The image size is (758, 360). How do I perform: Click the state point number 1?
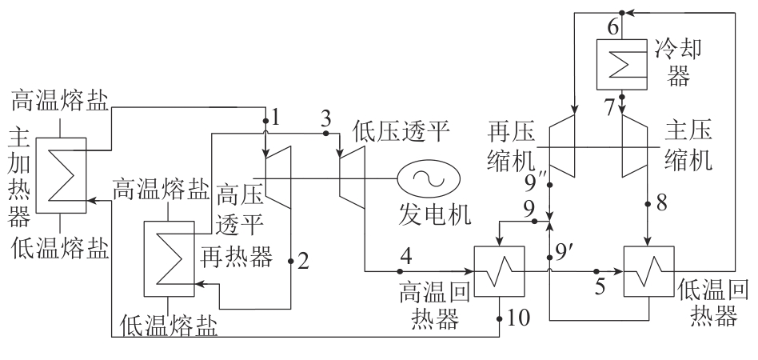pos(276,118)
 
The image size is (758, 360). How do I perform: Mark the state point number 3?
pos(325,118)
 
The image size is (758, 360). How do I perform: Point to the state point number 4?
pos(407,258)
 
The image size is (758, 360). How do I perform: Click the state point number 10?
pos(518,318)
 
